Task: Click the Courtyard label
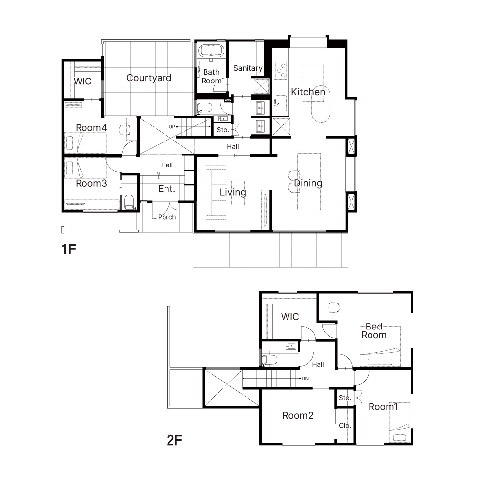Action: (149, 78)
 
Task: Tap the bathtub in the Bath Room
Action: (211, 51)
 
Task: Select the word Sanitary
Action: (247, 68)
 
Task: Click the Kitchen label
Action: (308, 92)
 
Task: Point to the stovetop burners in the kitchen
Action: (280, 71)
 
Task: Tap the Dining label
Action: (308, 183)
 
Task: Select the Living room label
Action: (233, 192)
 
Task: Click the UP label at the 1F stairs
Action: (172, 127)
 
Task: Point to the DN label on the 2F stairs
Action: (305, 379)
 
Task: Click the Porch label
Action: (167, 217)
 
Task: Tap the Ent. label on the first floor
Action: (166, 189)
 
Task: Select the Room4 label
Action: (91, 128)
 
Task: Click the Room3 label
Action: (91, 183)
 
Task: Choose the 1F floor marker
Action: (69, 249)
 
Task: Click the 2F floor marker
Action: (174, 440)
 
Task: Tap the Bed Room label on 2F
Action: (374, 331)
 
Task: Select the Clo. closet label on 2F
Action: (345, 426)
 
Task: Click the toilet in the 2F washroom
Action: (269, 360)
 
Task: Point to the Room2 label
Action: (298, 416)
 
